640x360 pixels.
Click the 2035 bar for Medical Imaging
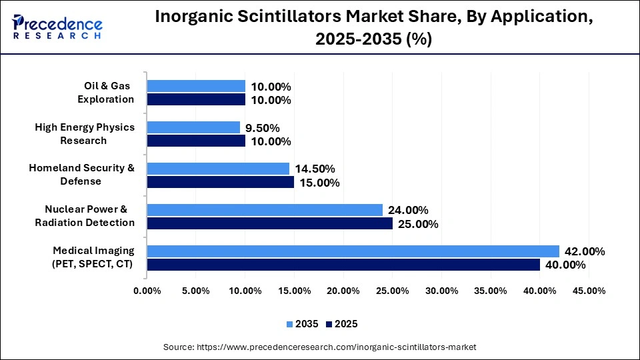click(353, 251)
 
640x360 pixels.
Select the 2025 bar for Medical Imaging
click(343, 265)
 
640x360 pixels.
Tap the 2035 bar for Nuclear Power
click(265, 210)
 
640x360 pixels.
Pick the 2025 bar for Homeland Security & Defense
click(221, 182)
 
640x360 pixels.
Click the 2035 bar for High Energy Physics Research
click(193, 127)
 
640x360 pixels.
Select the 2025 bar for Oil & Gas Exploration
click(196, 100)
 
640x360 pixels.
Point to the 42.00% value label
click(585, 251)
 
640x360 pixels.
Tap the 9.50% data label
click(263, 128)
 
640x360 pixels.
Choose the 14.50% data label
click(315, 169)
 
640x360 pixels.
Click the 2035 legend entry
click(303, 324)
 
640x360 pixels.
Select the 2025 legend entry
click(342, 324)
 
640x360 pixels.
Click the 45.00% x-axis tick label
click(589, 291)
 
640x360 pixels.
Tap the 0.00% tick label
click(147, 291)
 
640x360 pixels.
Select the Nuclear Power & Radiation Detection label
click(85, 216)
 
